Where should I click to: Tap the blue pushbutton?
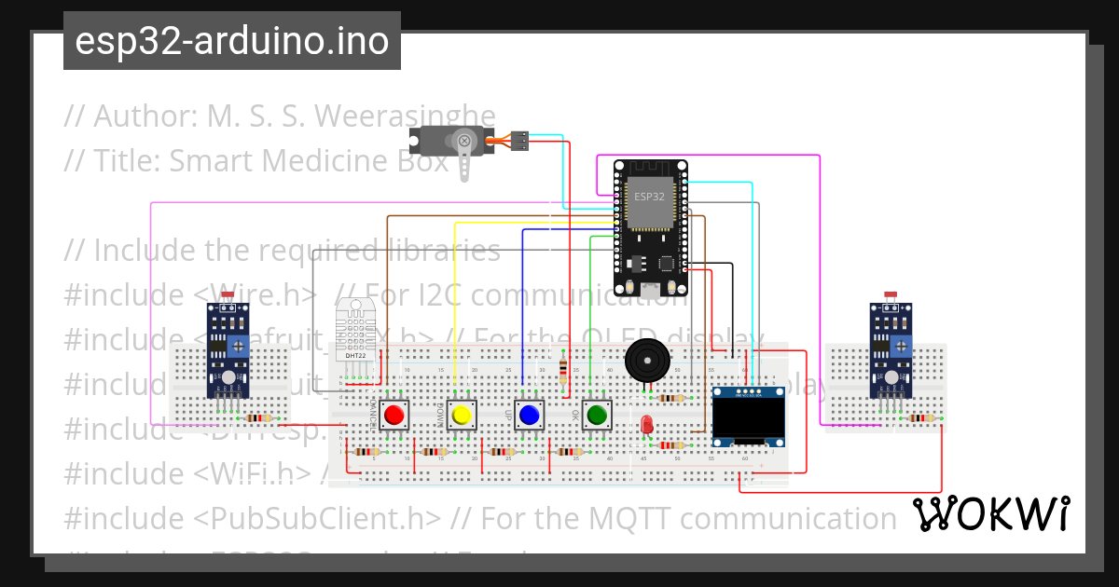tap(530, 414)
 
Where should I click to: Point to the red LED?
tap(646, 425)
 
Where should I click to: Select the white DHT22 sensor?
tap(355, 331)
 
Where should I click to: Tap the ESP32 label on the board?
tap(650, 197)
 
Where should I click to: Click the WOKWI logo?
tap(989, 513)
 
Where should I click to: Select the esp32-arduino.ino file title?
tap(232, 41)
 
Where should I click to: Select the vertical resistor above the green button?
tap(562, 373)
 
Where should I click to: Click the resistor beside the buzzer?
tap(670, 398)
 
